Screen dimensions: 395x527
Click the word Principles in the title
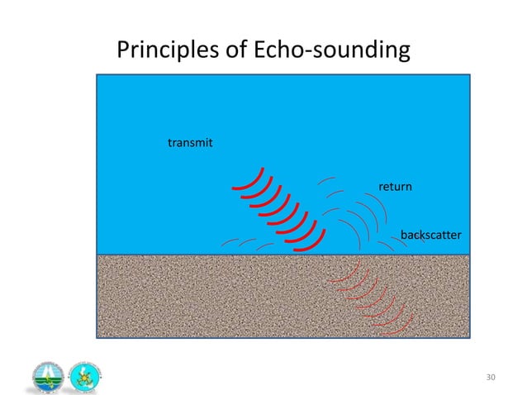(x=169, y=51)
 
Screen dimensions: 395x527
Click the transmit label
(x=190, y=143)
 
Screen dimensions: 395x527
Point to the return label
(x=395, y=188)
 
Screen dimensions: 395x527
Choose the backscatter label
(x=430, y=236)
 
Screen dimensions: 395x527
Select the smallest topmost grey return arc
(x=328, y=178)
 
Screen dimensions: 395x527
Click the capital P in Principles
(x=124, y=51)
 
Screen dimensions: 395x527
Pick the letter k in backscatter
(x=420, y=236)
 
